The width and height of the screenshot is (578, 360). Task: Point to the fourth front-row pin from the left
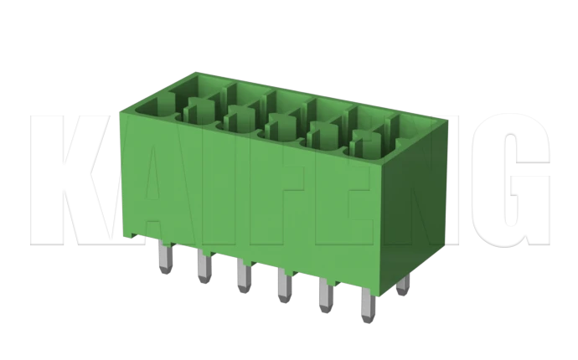(x=282, y=287)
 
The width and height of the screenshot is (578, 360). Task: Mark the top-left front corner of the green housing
(x=123, y=108)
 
